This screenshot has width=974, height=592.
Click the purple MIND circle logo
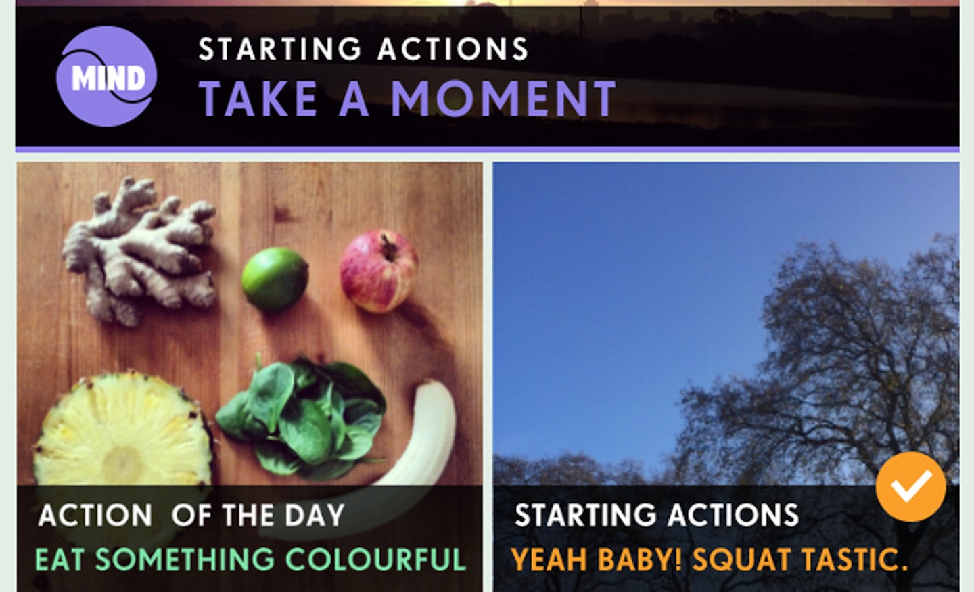(x=107, y=76)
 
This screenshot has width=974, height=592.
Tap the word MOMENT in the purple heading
(x=503, y=99)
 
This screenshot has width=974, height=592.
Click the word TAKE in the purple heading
(x=258, y=99)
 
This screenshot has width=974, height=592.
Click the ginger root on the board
(x=139, y=250)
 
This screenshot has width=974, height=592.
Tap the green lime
(x=275, y=279)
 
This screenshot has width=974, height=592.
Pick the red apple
(x=378, y=271)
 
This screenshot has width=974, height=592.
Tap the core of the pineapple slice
(x=124, y=463)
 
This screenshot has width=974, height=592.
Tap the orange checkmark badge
(x=910, y=486)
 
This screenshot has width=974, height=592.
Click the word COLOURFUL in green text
(x=375, y=560)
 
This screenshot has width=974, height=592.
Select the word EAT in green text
(x=60, y=560)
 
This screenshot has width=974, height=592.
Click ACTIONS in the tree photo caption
(x=733, y=516)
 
